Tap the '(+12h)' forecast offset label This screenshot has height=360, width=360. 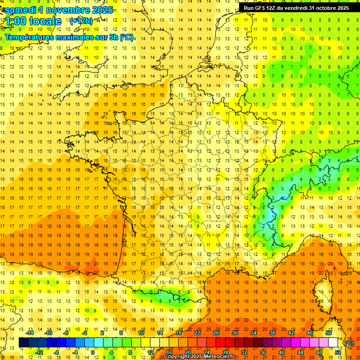(81, 21)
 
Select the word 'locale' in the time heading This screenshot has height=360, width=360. (45, 21)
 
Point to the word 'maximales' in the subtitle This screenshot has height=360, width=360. (73, 37)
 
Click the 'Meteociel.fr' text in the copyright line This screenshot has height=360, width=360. (221, 357)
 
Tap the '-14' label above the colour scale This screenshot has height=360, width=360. (30, 333)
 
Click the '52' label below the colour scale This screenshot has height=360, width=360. (337, 352)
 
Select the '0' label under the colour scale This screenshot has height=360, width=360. (93, 352)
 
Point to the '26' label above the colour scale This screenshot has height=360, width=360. (216, 333)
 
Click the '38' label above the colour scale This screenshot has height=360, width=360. (272, 333)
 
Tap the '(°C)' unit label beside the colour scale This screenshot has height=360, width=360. (349, 343)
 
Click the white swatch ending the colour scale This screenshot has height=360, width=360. (333, 343)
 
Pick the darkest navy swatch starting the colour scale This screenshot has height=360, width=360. (23, 343)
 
